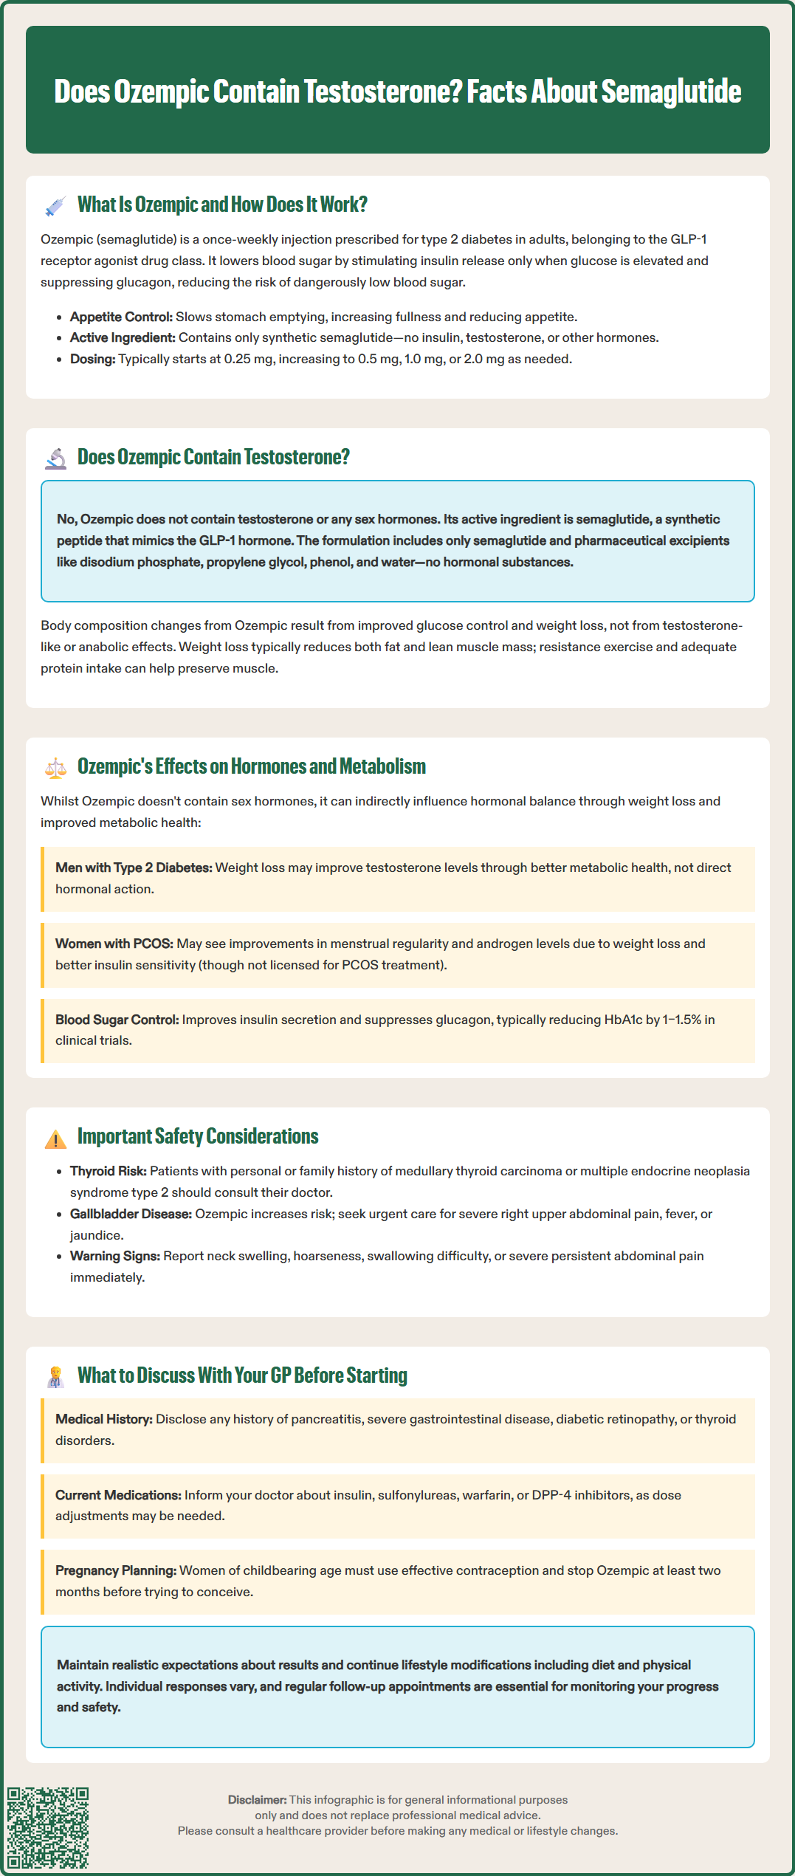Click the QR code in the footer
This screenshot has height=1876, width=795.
(x=48, y=1827)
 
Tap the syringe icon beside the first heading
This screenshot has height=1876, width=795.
(x=55, y=206)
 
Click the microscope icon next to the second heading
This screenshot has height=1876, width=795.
(x=55, y=458)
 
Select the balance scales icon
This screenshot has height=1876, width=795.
(x=55, y=768)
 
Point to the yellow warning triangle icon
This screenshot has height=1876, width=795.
(x=55, y=1139)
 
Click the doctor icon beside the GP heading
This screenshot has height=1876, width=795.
(x=55, y=1377)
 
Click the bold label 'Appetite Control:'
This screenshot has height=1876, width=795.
(x=121, y=317)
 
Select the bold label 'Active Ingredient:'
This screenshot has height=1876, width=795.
(x=123, y=337)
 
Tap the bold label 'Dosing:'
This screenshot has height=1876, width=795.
(x=92, y=359)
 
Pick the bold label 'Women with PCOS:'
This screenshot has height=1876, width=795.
(x=114, y=944)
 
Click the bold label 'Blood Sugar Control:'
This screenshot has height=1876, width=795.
(x=117, y=1020)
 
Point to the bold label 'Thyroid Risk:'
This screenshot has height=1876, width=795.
(x=108, y=1171)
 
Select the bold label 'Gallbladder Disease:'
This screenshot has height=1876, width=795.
(x=131, y=1214)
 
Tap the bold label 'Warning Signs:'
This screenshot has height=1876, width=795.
(x=114, y=1256)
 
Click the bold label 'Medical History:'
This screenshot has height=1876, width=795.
(x=103, y=1419)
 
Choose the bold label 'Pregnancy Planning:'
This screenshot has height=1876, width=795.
(x=115, y=1570)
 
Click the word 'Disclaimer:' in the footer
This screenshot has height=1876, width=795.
(x=257, y=1800)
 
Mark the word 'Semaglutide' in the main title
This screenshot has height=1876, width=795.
(x=671, y=92)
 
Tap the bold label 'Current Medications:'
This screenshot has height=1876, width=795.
(x=118, y=1495)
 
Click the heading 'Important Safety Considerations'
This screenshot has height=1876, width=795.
(x=198, y=1136)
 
